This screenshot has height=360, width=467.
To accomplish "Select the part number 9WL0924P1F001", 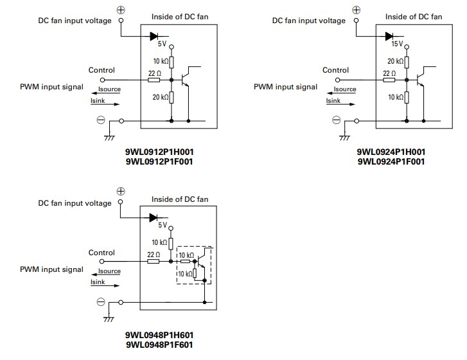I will (x=391, y=162).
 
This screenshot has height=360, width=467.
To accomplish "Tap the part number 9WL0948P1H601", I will (x=159, y=335).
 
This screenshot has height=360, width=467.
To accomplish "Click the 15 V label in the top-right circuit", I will (x=396, y=44).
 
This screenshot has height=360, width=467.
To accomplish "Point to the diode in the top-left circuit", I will (x=154, y=36).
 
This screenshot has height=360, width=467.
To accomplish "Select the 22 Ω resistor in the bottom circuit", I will (x=154, y=262).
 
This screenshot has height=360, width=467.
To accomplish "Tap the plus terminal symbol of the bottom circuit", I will (x=120, y=191).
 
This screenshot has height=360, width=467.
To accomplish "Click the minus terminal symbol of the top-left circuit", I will (x=101, y=120).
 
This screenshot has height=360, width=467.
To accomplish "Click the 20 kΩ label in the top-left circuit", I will (x=160, y=97).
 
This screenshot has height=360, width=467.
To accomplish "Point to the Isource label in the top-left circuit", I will (x=109, y=89).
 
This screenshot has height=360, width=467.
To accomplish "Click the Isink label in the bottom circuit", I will (x=98, y=282).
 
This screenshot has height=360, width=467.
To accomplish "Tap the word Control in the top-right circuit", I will (x=335, y=70).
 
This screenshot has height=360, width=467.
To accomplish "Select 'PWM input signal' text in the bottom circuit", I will (x=51, y=269).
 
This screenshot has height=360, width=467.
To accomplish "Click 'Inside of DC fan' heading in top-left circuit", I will (x=180, y=16).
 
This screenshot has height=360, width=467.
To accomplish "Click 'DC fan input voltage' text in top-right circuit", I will (x=308, y=21).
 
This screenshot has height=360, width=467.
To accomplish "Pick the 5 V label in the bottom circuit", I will (x=163, y=226).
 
